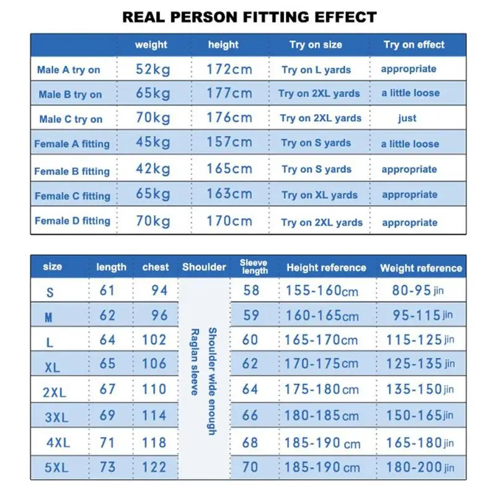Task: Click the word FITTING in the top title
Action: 278,16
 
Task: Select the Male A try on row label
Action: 68,69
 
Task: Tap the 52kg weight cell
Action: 153,69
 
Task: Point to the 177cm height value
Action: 230,94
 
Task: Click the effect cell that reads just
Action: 407,118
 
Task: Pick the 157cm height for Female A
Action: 229,143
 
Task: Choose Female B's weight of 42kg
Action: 153,169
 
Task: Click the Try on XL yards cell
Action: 319,195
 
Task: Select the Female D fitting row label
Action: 73,221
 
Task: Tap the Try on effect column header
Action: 414,45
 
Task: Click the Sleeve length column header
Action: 254,267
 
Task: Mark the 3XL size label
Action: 56,417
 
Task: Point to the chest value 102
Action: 154,340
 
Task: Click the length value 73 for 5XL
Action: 107,467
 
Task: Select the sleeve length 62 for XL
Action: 250,363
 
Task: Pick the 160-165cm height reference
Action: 322,316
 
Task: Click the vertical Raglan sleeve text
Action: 194,362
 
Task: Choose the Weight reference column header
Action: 421,268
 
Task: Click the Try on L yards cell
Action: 316,69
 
